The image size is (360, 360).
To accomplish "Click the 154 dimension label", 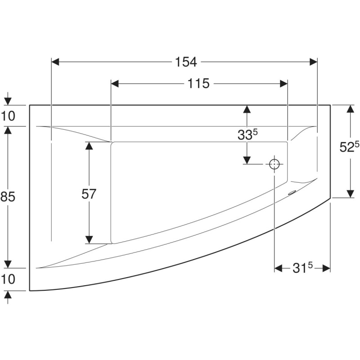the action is point(186,62).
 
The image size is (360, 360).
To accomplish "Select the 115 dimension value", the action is point(198,83).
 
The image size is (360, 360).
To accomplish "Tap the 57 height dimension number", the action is point(89,194).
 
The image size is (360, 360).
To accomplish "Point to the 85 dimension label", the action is point(8,197).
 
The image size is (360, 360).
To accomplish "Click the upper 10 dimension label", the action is point(8,116).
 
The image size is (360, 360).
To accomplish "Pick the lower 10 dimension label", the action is point(8,279).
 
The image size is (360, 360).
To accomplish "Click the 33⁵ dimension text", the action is point(247,134).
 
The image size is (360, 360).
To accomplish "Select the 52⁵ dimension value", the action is point(349,147).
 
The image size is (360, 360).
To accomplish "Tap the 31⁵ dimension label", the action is point(302,267).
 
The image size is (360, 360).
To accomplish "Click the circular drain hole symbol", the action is point(274,164).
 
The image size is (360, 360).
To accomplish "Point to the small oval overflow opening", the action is point(292,193).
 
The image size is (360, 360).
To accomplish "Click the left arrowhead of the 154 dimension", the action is point(55,62).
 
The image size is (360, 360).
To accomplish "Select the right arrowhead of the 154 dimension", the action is point(313,62).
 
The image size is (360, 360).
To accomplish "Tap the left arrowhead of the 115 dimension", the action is point(115,84).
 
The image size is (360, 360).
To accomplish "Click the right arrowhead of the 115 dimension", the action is point(284,84).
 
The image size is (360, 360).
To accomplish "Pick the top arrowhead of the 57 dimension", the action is point(89,146).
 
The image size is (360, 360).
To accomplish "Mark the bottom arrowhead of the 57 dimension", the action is point(89,240).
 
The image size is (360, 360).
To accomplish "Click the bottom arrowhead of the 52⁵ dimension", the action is point(350,194).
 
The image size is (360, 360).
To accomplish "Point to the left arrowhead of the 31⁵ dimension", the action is point(278,268).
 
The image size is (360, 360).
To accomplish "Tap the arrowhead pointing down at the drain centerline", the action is point(247,160).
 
